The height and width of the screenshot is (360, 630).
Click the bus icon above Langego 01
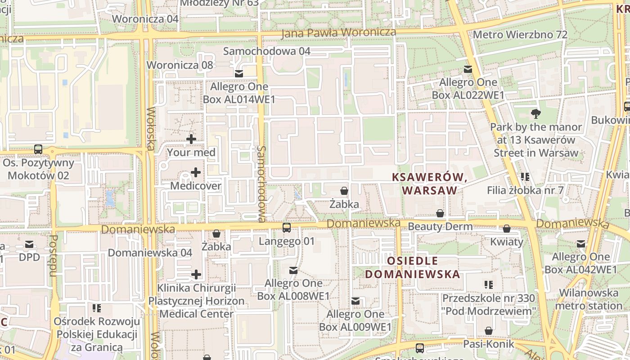coord(287,228)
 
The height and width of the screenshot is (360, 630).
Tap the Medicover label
coord(196,186)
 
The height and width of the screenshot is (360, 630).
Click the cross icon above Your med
coord(191,139)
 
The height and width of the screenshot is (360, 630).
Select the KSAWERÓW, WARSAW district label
coord(429,184)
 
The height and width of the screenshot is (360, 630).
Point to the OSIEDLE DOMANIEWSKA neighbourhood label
coord(412,267)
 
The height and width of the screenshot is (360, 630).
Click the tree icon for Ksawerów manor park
coord(535,113)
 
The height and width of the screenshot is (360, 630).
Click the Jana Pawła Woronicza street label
coord(338,33)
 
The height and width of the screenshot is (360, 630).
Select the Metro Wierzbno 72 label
coord(520,35)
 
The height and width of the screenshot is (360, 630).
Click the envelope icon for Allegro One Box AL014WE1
coord(238,74)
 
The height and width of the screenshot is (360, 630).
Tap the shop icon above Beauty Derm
coord(440,213)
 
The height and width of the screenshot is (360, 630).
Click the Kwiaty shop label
coord(507,242)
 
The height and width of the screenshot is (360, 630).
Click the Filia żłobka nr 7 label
coord(525,190)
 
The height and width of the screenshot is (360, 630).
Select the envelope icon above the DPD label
coord(29,244)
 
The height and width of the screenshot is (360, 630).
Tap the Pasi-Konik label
coord(489,344)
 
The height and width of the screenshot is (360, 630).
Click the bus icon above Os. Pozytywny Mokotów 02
coord(38,149)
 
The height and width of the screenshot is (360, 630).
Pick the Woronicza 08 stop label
coord(180,65)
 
